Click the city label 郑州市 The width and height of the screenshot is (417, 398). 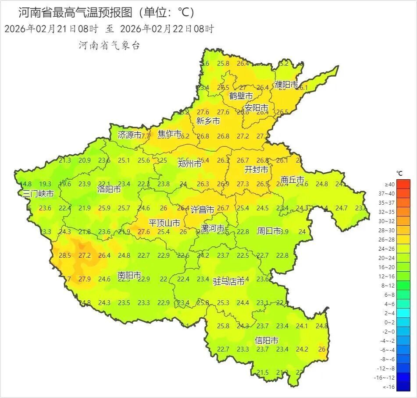click(190, 164)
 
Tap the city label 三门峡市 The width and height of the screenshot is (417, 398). click(39, 193)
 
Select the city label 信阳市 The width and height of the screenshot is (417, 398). click(267, 341)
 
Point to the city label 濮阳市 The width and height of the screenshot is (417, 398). click(286, 85)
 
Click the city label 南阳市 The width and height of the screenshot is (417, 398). click(129, 275)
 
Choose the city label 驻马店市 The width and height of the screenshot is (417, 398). click(229, 281)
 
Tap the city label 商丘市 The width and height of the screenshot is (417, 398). click(292, 180)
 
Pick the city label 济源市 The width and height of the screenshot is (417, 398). click(130, 135)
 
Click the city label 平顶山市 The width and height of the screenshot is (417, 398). click(164, 223)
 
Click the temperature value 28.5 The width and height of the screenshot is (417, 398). click(65, 256)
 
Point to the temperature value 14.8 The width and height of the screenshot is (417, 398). click(25, 184)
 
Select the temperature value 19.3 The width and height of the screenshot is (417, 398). click(45, 184)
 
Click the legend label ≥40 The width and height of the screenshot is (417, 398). click(389, 184)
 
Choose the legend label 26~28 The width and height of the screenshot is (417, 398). click(389, 239)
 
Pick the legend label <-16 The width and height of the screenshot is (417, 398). click(389, 387)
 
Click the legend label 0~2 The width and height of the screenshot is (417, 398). click(389, 322)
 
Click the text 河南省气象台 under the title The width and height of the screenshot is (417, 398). click(109, 45)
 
